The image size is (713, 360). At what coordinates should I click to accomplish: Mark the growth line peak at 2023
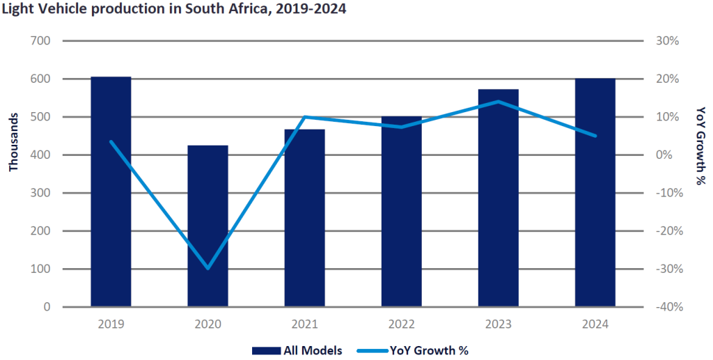click(499, 102)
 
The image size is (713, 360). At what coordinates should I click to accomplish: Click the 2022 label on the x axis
click(401, 324)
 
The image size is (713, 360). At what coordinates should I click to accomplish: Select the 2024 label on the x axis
click(595, 324)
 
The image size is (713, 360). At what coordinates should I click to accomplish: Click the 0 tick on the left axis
click(47, 307)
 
